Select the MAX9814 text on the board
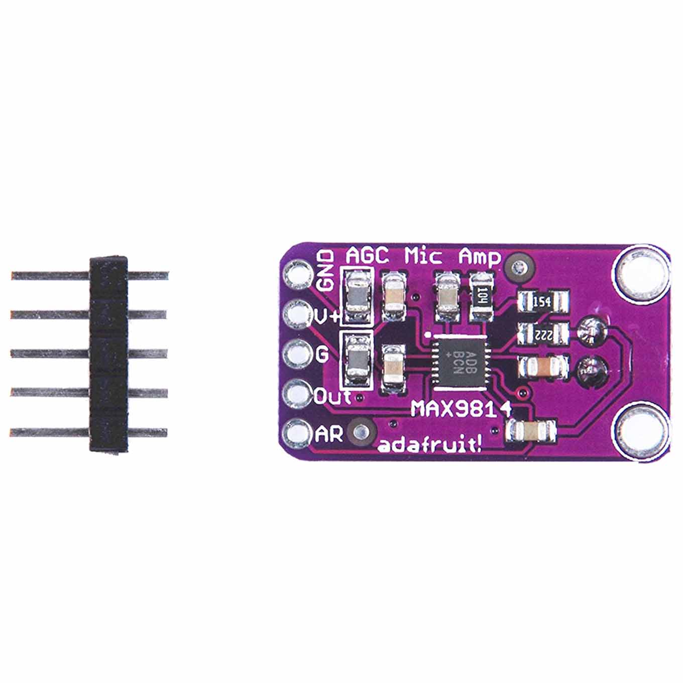pos(461,410)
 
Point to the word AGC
pos(367,256)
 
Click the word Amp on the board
pos(480,258)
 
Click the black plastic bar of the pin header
pos(108,355)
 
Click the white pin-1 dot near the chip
pos(428,334)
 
